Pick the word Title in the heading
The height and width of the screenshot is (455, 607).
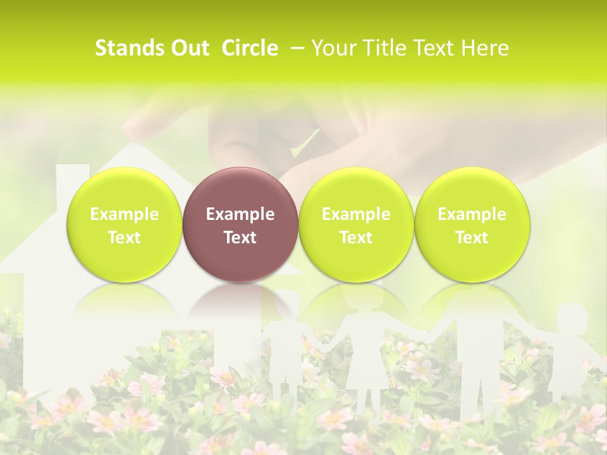tap(382, 48)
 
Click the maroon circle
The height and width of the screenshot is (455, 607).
tap(240, 224)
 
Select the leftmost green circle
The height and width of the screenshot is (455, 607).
tap(124, 224)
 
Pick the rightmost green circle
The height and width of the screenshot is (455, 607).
tap(472, 224)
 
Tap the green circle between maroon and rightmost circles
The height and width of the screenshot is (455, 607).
tap(356, 224)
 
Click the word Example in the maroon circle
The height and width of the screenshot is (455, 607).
tap(240, 214)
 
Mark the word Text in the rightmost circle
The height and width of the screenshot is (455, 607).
tap(472, 237)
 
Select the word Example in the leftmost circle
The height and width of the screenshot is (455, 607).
tap(124, 214)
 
